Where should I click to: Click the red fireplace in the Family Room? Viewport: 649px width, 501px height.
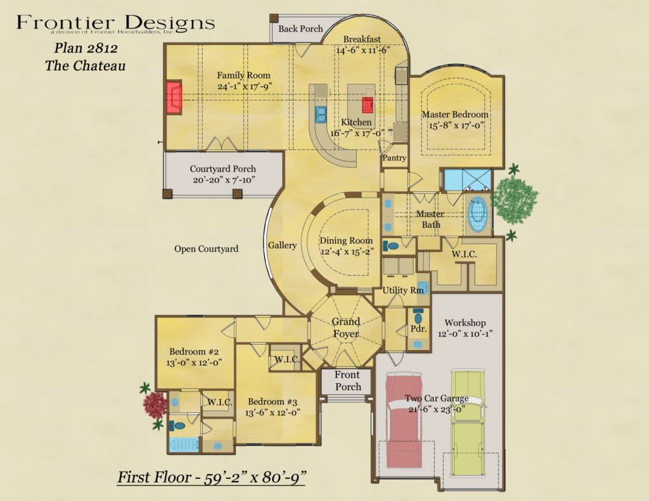coord(174,98)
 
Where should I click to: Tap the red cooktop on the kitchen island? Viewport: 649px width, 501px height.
coord(367,105)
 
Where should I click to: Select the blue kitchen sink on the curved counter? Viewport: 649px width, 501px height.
coord(321,113)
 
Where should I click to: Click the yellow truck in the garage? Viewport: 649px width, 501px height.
coord(468,421)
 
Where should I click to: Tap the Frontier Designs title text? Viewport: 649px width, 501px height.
coord(115,23)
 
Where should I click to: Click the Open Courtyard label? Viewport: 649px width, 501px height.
coord(207,249)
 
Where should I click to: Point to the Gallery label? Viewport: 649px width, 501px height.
coord(282,245)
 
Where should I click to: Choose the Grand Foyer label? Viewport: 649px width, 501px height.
coord(346,327)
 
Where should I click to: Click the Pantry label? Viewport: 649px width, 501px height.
coord(394,158)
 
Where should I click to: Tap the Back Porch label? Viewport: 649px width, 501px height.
coord(300,29)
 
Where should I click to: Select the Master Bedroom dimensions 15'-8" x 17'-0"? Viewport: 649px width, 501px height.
coord(455,125)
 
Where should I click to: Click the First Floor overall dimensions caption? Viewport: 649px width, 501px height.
coord(212,476)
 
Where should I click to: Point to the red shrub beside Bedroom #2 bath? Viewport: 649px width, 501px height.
coord(155,403)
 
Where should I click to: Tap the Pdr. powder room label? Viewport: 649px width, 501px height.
coord(419,329)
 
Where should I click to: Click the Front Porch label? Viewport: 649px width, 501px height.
coord(348,381)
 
